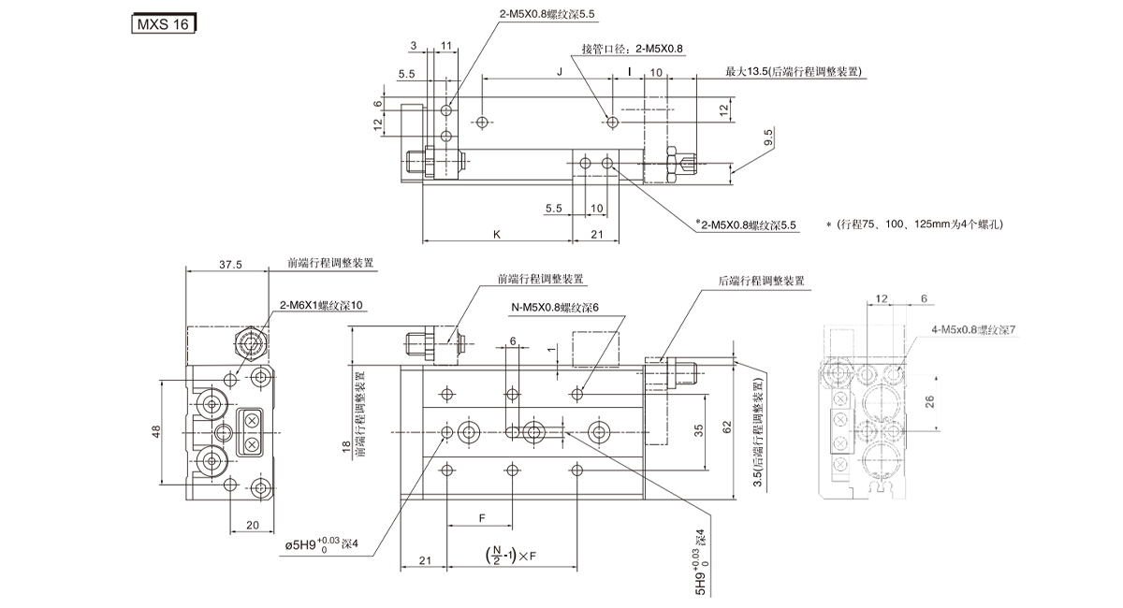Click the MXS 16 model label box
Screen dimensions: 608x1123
(x=161, y=23)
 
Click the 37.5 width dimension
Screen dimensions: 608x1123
(x=230, y=265)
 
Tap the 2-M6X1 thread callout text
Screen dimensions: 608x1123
(x=320, y=305)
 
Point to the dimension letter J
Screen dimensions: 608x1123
(x=559, y=71)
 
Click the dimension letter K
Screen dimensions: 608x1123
(x=496, y=235)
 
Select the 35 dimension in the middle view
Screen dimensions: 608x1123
(x=698, y=431)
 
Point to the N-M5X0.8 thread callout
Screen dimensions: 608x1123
(x=554, y=306)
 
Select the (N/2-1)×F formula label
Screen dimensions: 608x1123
(x=512, y=557)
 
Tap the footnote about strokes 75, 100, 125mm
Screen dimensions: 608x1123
(x=915, y=224)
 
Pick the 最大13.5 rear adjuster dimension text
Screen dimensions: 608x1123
(x=793, y=72)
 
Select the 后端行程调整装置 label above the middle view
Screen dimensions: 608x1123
(x=761, y=281)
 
